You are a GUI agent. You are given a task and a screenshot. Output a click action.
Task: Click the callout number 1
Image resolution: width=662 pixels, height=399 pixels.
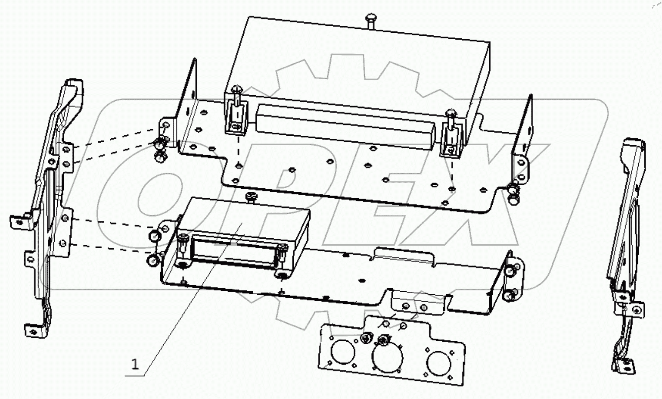tap(135, 365)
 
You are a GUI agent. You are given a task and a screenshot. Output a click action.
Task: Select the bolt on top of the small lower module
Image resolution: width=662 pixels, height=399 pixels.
tap(251, 197)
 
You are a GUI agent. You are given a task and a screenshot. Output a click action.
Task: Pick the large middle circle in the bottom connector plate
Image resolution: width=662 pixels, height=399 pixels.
tap(388, 355)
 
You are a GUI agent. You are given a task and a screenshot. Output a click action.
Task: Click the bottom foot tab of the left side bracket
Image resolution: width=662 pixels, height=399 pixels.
tap(34, 331)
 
